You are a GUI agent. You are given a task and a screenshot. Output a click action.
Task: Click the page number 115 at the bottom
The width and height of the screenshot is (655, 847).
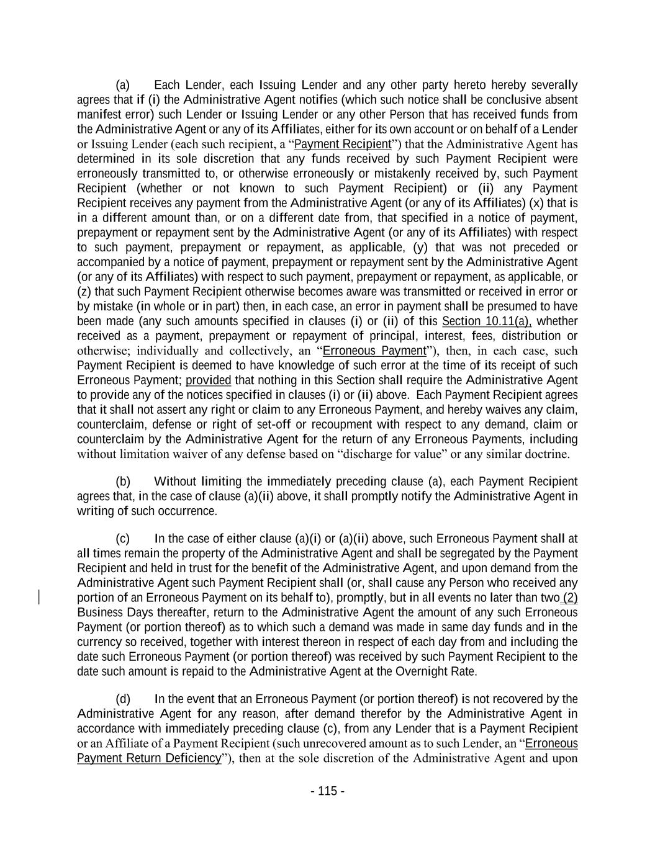coord(327,791)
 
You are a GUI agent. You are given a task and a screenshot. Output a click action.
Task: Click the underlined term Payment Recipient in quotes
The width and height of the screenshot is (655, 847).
coord(343,145)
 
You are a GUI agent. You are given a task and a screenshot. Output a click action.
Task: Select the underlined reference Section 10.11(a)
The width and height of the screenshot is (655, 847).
coord(487,321)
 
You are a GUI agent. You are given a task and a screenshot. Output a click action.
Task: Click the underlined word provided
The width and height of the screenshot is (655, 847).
coord(208,380)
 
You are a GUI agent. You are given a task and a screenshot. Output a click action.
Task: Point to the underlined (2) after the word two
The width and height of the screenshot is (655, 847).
coord(570,598)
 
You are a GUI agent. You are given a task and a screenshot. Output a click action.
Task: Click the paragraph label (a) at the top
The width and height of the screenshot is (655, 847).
coord(122,85)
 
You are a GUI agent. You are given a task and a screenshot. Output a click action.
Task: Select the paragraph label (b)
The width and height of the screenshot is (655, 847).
coord(122,482)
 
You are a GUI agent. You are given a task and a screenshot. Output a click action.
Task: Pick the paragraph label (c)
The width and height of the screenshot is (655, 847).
coord(122,539)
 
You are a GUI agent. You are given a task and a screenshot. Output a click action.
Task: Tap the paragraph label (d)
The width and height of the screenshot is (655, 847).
coord(122,699)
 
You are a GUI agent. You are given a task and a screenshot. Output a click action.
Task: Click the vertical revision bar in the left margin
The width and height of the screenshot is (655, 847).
coord(40,598)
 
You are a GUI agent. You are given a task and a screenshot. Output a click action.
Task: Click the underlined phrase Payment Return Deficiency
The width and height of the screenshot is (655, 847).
coord(149,758)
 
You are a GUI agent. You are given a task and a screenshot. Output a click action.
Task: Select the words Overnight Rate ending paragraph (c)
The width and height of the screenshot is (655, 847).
coord(441,671)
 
